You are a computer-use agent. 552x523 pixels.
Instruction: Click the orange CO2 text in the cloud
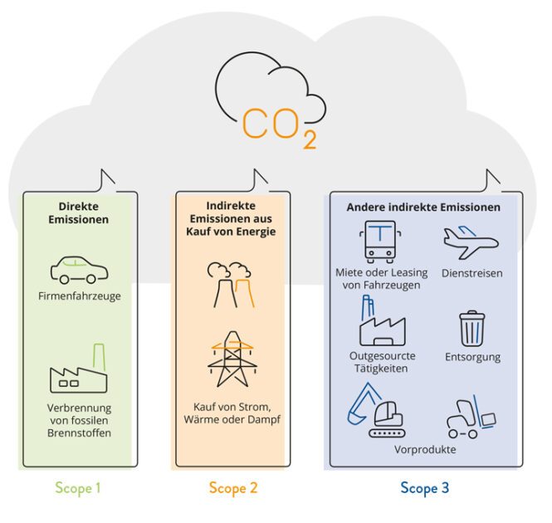coord(279,128)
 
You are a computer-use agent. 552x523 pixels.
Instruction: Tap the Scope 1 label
coord(78,488)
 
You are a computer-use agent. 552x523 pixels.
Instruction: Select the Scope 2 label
coord(233,488)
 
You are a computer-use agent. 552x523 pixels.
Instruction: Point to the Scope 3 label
coord(424,488)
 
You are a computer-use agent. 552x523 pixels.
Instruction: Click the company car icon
coord(79,270)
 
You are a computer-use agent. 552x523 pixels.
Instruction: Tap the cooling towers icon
coord(231,285)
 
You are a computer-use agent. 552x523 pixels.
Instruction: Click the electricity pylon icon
coord(232,359)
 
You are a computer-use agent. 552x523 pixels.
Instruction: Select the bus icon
coord(380,242)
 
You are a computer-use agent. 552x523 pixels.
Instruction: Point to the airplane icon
coord(471,242)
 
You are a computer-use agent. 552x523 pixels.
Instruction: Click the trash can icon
coord(471,329)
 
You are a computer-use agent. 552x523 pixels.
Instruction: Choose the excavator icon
coord(376,410)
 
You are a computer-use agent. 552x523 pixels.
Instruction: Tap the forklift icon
coord(471,417)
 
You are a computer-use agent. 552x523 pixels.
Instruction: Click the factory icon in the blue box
coord(382,321)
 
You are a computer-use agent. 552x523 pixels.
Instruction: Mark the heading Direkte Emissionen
coord(79,213)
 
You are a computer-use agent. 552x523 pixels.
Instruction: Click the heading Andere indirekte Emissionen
coord(423,207)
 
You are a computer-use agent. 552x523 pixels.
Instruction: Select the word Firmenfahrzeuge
coord(80,296)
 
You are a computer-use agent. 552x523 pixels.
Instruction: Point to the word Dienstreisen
coord(472,273)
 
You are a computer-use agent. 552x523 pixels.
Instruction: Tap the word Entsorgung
coord(473,357)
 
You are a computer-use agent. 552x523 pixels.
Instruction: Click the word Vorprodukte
coord(425,449)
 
